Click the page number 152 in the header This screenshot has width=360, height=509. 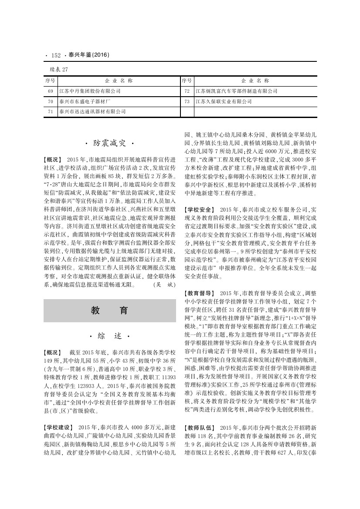(56, 55)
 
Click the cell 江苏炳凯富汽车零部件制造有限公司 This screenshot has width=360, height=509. (236, 91)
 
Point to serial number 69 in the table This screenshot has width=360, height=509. (50, 91)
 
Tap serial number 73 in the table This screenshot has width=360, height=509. (187, 101)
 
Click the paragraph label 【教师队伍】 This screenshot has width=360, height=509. (200, 427)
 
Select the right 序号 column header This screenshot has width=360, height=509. (187, 81)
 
